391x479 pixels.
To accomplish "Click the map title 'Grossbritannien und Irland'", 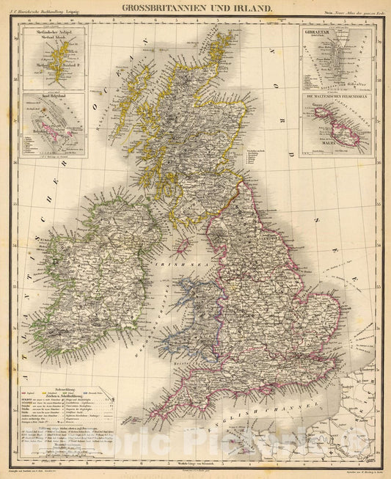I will [x=195, y=10].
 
